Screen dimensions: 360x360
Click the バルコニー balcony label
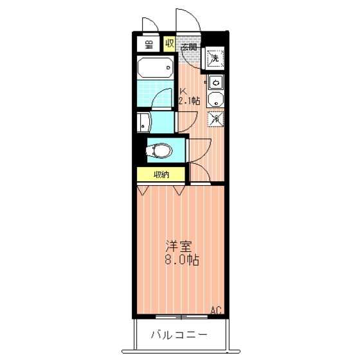coord(179,335)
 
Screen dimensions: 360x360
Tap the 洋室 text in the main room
coord(179,246)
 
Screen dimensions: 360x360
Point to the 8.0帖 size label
coord(182,260)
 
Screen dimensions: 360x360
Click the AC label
coord(216,311)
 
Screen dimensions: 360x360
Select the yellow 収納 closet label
coord(161,174)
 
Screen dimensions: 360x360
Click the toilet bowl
coord(160,150)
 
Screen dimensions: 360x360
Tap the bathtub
coord(155,67)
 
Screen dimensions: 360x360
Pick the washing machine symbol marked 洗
coord(215,58)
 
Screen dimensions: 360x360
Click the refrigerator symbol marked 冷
coord(216,118)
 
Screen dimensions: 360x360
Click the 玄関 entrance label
coord(189,46)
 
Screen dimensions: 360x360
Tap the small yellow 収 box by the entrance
coord(169,44)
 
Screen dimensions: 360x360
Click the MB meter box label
coord(148,44)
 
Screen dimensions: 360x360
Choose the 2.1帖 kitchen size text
coord(189,101)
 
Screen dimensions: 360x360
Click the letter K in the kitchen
coord(182,91)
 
